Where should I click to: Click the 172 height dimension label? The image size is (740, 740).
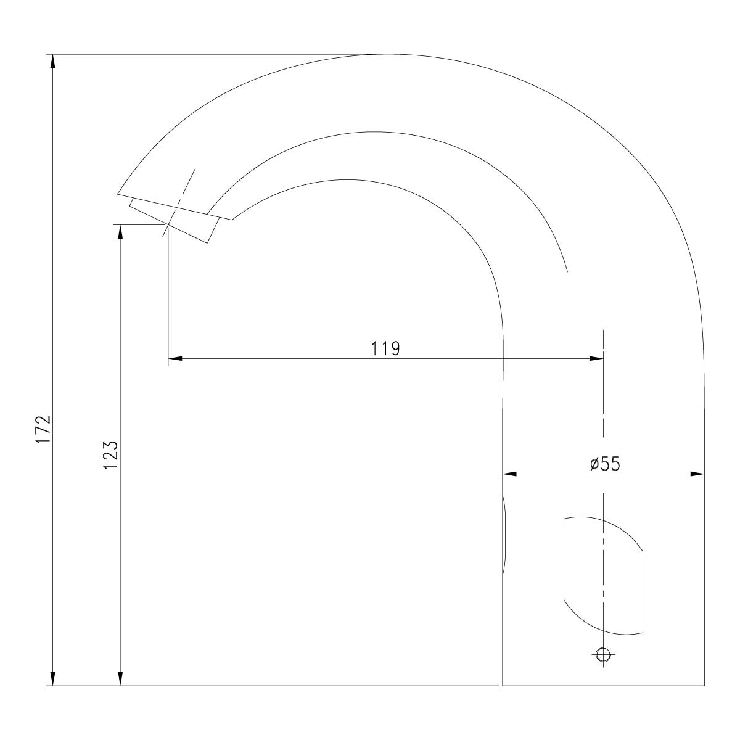(43, 429)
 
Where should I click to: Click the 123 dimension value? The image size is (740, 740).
(110, 454)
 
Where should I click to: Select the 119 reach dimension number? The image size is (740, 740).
(385, 348)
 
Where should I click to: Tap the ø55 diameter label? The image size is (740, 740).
(605, 464)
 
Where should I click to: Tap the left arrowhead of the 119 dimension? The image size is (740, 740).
(175, 358)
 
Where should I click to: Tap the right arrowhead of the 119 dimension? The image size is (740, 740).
(596, 358)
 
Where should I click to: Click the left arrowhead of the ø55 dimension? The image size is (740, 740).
(509, 474)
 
